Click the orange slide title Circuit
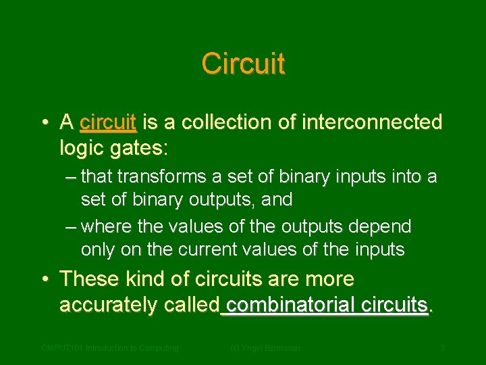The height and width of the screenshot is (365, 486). coord(243,64)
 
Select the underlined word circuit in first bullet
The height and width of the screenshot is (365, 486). coord(108,122)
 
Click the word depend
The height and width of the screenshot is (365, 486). coord(379,226)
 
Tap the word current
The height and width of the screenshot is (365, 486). coord(209,249)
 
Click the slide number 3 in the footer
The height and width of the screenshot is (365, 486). coord(442,348)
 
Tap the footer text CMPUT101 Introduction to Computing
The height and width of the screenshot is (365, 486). coord(110,348)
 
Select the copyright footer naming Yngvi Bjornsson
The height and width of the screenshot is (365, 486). coord(265,348)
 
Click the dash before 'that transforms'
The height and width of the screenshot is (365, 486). coord(72,178)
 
